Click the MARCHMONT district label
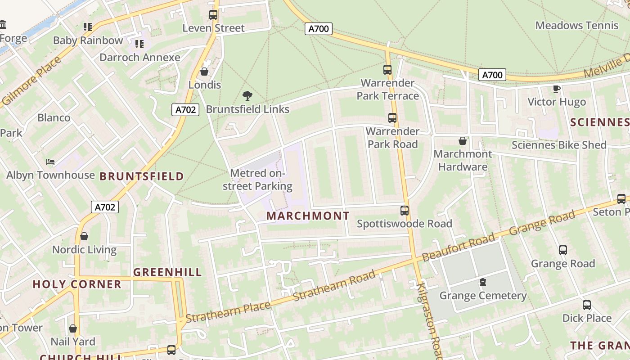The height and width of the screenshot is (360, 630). point(308,216)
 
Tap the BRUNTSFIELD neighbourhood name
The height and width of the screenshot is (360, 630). point(142,176)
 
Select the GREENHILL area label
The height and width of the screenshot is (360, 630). point(167,272)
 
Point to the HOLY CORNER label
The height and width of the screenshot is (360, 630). point(77,284)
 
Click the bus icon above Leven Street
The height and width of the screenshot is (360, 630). point(213,15)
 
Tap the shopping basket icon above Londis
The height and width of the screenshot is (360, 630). point(204,72)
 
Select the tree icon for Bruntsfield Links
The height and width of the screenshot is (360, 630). point(247,95)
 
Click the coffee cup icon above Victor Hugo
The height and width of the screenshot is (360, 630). point(557,89)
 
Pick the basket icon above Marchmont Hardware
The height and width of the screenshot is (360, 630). point(463,141)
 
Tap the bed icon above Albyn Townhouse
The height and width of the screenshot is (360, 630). point(50,162)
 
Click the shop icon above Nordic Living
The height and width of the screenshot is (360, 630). point(84,236)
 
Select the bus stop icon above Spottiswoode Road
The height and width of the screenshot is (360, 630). point(405,211)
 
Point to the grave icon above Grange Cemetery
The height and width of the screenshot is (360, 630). point(483,283)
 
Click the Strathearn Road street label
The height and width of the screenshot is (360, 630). point(334,286)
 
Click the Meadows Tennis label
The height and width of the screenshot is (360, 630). point(577,26)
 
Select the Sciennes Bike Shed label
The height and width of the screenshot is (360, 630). point(559,145)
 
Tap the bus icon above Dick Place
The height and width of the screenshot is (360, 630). point(587,305)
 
